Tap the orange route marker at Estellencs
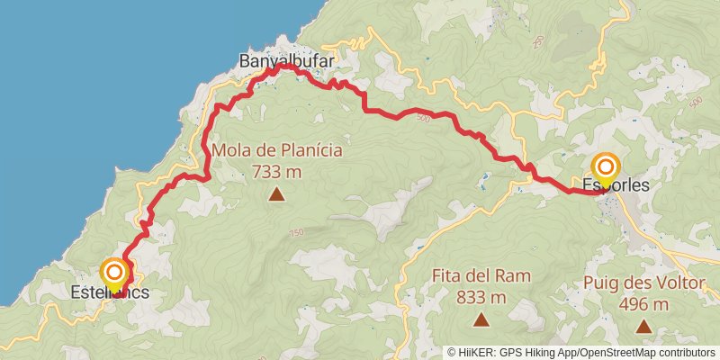point(114,271)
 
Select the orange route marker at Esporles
point(606,166)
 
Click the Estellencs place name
point(110,292)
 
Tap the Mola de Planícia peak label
point(276,149)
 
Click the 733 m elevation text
point(276,170)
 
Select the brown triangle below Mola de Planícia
point(276,193)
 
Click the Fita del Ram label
point(481,276)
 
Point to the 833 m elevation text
point(481,297)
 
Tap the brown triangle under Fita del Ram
point(481,319)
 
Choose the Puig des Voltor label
point(643,283)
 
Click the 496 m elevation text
point(643,304)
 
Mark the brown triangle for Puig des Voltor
point(643,324)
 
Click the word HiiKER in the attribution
point(478,353)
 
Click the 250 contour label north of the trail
point(538,41)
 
